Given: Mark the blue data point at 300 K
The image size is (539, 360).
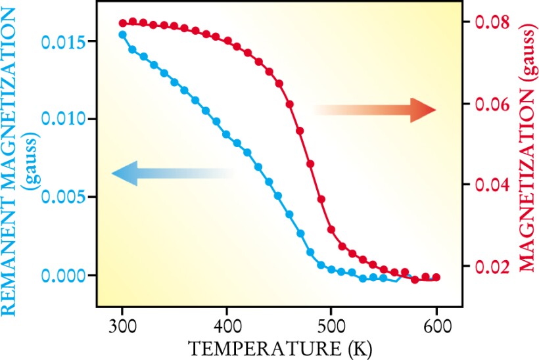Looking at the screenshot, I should [122, 34].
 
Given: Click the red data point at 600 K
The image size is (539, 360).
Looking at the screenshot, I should [436, 277].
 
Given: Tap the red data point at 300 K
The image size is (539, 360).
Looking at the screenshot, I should [123, 23].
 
